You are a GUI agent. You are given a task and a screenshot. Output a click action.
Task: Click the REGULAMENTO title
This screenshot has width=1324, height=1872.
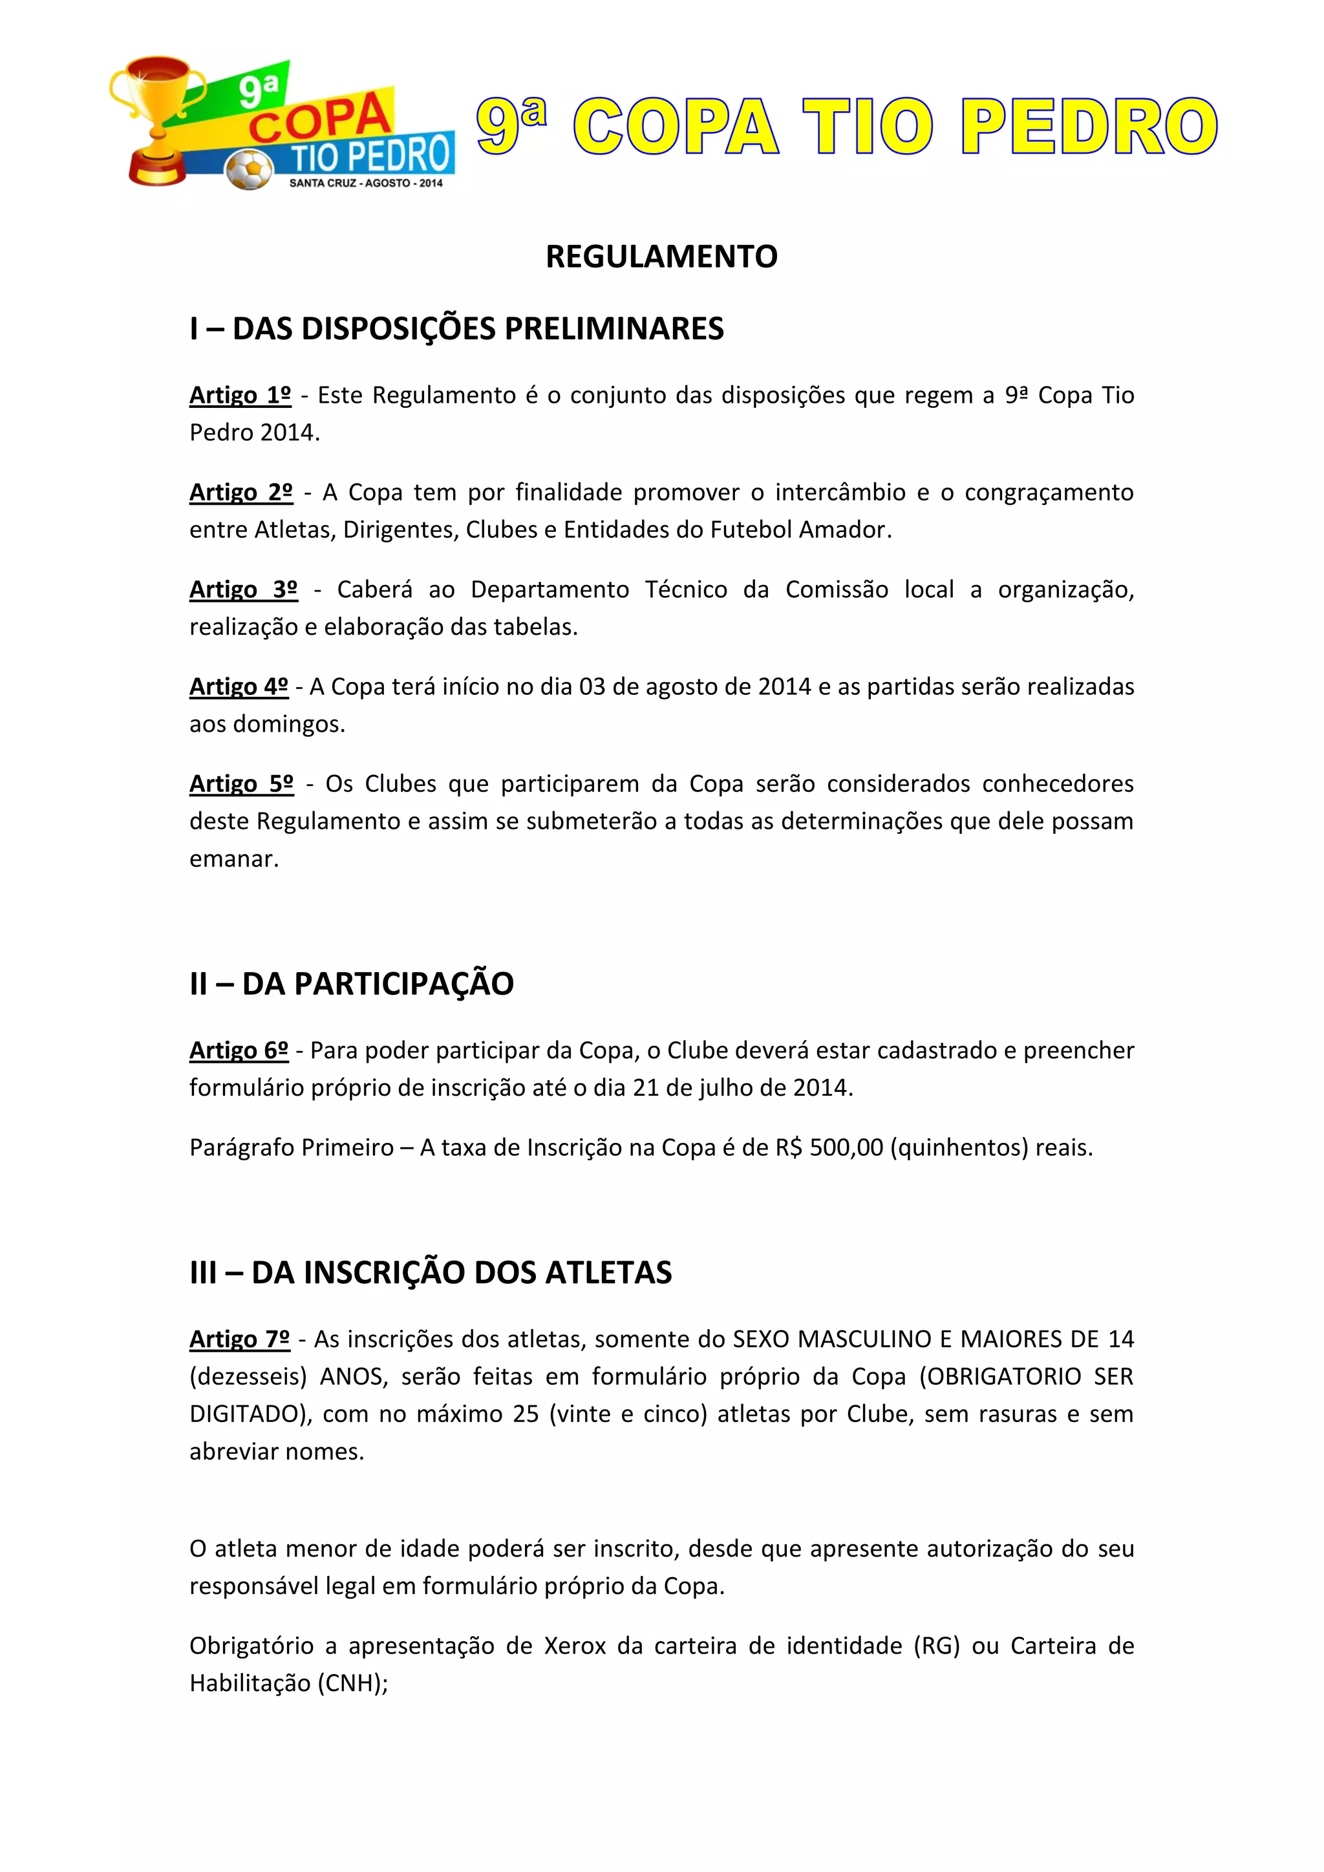coord(661,257)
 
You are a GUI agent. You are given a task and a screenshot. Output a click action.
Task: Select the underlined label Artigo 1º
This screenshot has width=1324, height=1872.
coord(240,396)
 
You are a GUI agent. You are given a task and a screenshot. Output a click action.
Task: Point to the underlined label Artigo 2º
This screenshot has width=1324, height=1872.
coord(240,493)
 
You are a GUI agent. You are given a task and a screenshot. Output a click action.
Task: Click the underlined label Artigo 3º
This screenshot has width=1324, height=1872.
coord(243,590)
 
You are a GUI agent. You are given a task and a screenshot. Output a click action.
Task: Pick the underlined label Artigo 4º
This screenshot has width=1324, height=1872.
coord(239,686)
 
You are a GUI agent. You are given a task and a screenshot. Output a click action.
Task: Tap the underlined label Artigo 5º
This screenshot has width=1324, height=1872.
coord(241,783)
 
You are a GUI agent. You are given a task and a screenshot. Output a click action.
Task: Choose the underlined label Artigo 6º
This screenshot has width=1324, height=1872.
coord(239,1050)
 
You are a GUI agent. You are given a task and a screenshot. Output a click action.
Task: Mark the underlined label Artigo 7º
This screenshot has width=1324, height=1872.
coord(240,1339)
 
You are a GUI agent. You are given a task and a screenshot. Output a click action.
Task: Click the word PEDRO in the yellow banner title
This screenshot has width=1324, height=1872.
coord(1089,127)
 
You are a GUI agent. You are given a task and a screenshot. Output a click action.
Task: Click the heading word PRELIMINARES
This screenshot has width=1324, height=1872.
coord(614,328)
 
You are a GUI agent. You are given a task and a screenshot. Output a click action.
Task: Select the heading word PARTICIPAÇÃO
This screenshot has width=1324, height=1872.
coord(403,984)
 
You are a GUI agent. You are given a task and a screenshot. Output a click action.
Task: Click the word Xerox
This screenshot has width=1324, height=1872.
coord(575,1645)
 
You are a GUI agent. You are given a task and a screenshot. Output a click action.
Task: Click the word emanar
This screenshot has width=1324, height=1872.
coord(234,858)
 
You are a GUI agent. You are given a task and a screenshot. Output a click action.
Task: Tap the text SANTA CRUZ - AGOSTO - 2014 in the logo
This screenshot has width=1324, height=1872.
coord(366,184)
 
